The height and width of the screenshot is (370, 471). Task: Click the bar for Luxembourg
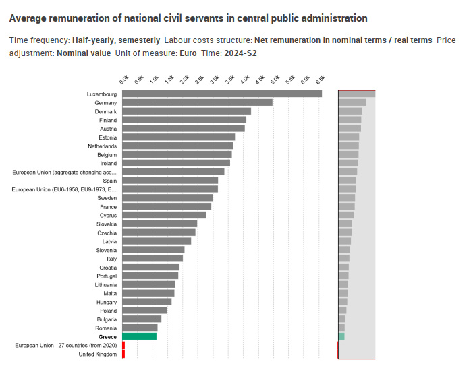[222, 94]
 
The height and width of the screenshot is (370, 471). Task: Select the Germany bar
[197, 102]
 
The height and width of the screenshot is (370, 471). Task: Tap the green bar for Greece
[139, 336]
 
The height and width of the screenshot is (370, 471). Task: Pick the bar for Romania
[140, 328]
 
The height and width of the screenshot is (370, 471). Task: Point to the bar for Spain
[170, 181]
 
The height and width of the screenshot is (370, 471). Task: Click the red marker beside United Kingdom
[123, 354]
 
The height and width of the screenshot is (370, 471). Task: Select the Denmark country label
[105, 111]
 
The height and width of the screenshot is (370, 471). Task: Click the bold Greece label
[107, 336]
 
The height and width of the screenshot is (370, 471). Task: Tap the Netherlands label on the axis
[102, 146]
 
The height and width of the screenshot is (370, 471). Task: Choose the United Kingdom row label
[97, 354]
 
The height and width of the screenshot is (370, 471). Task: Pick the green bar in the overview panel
[341, 336]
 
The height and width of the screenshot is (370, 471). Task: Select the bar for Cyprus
[164, 215]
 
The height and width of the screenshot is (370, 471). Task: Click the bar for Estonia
[178, 137]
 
